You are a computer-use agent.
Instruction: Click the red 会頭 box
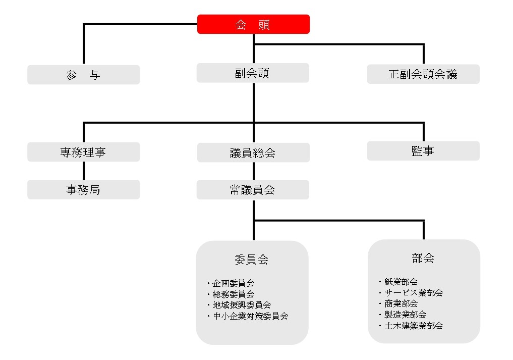click(x=253, y=24)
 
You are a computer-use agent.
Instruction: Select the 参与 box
click(x=83, y=75)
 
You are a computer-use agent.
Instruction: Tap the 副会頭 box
click(x=253, y=73)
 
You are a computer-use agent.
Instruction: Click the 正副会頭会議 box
click(x=423, y=74)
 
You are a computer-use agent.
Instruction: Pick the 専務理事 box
click(x=83, y=152)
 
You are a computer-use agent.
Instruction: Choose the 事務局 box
click(x=83, y=189)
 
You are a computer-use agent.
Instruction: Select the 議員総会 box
click(x=253, y=152)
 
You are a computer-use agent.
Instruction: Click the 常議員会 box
click(x=253, y=190)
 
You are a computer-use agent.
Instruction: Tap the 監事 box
click(x=423, y=150)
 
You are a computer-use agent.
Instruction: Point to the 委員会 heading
click(x=252, y=260)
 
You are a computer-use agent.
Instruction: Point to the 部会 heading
click(x=423, y=258)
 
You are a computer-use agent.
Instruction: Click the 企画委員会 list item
click(x=233, y=283)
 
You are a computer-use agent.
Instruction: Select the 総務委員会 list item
click(x=233, y=294)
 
